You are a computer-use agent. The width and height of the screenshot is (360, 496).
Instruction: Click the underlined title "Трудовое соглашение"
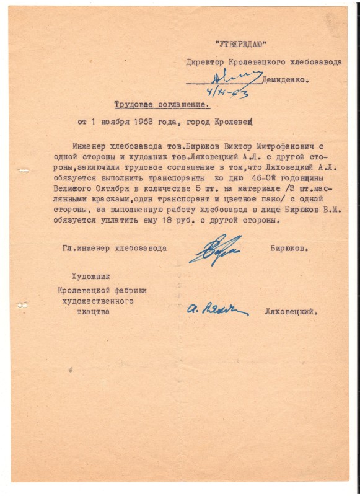pyautogui.click(x=161, y=105)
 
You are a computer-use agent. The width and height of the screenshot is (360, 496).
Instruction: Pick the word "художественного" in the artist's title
pyautogui.click(x=95, y=301)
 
